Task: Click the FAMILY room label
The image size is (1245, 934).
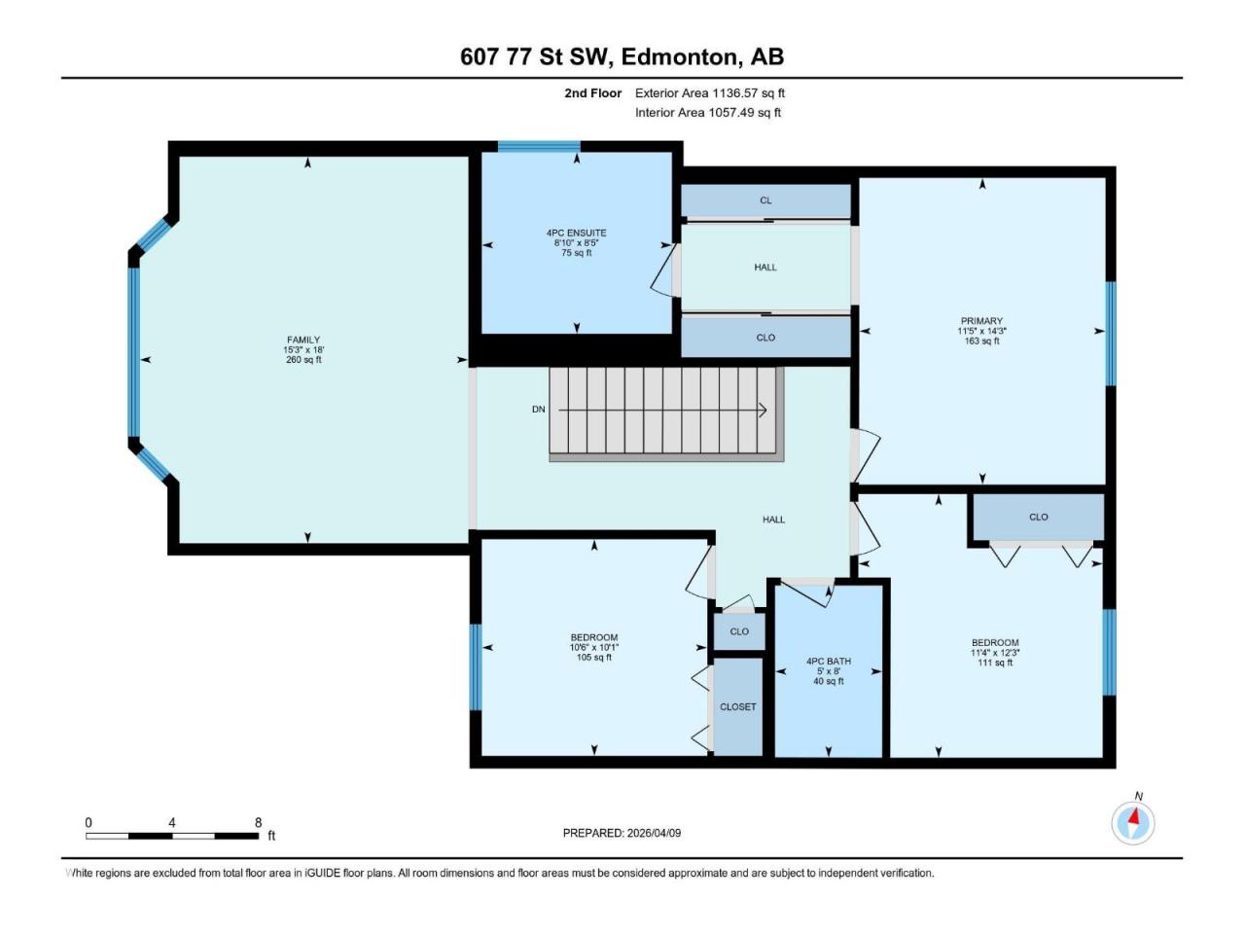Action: (303, 341)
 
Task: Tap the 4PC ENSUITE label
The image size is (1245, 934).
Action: (576, 233)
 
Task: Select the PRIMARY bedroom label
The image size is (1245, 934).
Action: (981, 321)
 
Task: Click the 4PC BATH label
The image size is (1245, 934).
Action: (828, 662)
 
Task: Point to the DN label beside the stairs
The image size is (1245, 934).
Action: (538, 410)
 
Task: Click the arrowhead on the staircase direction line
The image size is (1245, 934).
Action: (763, 411)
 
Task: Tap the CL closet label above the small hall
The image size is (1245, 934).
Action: (765, 200)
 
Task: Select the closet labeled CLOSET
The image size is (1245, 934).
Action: (737, 707)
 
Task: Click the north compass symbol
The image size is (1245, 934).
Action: (1133, 823)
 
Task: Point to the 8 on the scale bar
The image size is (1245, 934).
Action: (258, 822)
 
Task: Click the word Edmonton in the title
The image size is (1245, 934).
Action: (679, 56)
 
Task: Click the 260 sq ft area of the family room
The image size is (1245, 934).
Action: (303, 360)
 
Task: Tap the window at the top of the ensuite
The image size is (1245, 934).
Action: (539, 147)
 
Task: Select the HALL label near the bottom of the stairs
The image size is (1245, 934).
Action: (773, 520)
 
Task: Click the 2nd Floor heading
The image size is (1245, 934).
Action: (592, 93)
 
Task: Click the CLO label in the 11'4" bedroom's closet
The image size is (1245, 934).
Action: (1038, 518)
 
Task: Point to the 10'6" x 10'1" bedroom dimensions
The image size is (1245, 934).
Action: (594, 648)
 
